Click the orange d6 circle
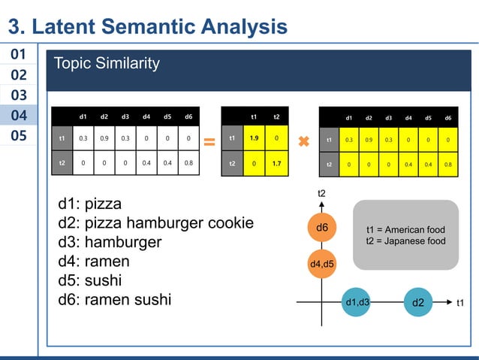tap(322, 227)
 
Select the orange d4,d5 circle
tap(322, 263)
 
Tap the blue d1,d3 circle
tap(357, 302)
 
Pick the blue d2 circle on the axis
tap(418, 302)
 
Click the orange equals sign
tap(209, 141)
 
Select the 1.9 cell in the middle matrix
tap(254, 139)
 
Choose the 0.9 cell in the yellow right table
tap(369, 140)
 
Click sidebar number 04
tap(19, 115)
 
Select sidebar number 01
tap(19, 55)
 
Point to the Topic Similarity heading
tap(106, 64)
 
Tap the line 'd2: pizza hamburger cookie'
tap(155, 223)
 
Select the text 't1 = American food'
tap(405, 229)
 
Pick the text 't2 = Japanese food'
tap(405, 241)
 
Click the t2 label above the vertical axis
tap(321, 194)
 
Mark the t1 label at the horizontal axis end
tap(461, 302)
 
